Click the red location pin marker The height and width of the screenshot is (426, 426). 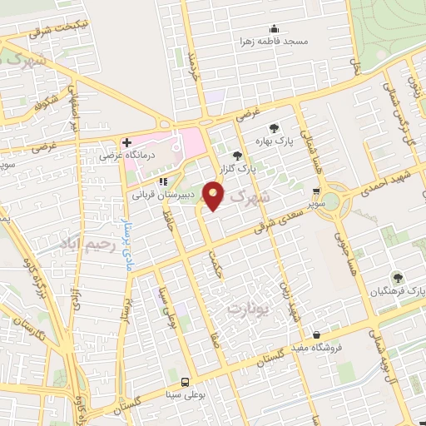pyautogui.click(x=214, y=198)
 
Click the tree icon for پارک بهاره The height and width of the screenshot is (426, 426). pyautogui.click(x=271, y=129)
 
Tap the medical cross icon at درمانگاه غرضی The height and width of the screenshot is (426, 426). pyautogui.click(x=126, y=142)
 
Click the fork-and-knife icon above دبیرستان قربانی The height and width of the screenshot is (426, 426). pyautogui.click(x=163, y=180)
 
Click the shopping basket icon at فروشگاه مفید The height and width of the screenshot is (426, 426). pyautogui.click(x=315, y=334)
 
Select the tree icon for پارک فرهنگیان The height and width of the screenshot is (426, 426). pyautogui.click(x=397, y=277)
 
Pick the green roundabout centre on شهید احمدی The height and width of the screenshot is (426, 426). pyautogui.click(x=331, y=200)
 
